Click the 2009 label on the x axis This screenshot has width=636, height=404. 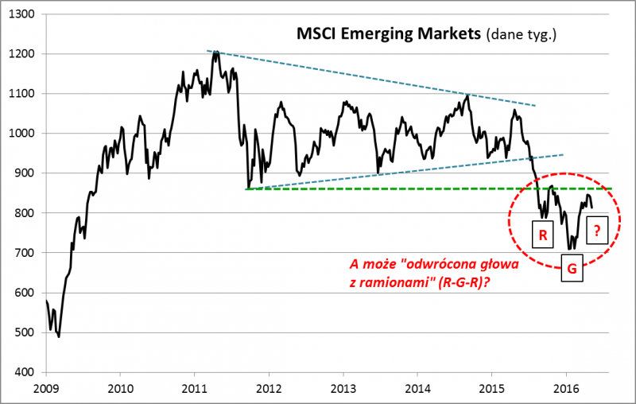click(45, 389)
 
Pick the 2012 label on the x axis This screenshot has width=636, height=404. click(269, 389)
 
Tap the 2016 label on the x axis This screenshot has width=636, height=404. click(566, 389)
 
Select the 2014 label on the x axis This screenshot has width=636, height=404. click(417, 389)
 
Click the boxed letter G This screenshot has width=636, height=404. click(572, 270)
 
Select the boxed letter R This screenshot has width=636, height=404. click(542, 235)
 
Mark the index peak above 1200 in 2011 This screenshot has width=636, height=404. click(214, 52)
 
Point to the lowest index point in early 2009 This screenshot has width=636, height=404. click(59, 336)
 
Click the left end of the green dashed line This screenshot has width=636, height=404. click(246, 189)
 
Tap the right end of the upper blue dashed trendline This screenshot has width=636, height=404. click(536, 106)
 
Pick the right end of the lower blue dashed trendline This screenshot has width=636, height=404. click(563, 154)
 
